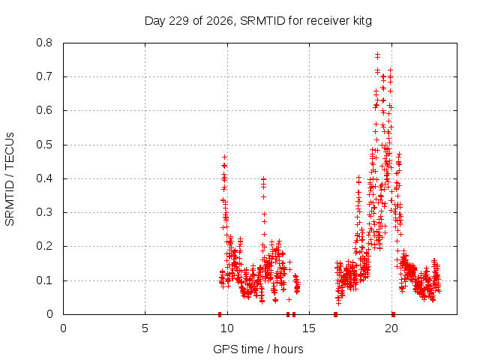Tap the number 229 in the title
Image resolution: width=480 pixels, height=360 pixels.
pos(179,21)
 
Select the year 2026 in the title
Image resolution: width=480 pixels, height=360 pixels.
pos(220,21)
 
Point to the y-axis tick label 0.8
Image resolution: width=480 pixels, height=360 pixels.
pos(44,43)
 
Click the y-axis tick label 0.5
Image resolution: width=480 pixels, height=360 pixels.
pos(44,145)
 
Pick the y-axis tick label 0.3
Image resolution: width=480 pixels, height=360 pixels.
pos(44,212)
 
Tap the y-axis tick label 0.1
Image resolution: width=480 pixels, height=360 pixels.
pos(44,280)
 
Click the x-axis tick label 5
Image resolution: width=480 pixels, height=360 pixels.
pos(145,328)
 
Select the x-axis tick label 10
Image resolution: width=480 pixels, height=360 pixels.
pos(226,328)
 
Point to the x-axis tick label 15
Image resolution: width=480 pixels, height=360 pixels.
pos(309,328)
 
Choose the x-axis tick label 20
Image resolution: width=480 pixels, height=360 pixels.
pos(391,328)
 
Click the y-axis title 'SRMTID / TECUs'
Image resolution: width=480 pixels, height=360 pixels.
pos(10,179)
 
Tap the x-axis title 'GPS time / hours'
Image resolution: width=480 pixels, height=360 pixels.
pos(258,349)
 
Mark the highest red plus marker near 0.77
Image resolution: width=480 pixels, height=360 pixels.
pos(377,55)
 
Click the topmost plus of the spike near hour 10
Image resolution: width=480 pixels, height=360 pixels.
pos(224,157)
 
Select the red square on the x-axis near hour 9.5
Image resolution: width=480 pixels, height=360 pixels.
pos(220,314)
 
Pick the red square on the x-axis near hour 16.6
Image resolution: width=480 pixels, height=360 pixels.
pos(335,314)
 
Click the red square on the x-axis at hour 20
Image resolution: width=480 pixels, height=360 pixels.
pos(393,314)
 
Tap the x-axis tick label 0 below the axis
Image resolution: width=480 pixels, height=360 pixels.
pos(63,328)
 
